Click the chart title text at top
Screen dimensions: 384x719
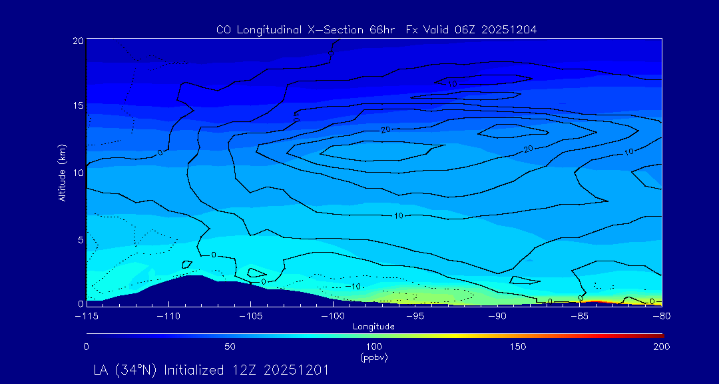(376, 30)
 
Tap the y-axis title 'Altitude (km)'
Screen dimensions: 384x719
(62, 173)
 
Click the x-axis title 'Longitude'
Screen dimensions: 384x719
(373, 326)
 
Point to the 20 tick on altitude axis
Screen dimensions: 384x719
(77, 41)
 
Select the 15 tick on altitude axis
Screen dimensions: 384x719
(77, 106)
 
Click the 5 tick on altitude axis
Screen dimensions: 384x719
(80, 239)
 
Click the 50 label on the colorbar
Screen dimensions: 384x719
(230, 347)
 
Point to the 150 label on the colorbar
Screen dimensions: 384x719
(517, 347)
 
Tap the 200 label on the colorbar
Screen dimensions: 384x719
(661, 347)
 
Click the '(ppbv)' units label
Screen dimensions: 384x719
(373, 357)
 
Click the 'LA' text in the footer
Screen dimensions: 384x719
(102, 369)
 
